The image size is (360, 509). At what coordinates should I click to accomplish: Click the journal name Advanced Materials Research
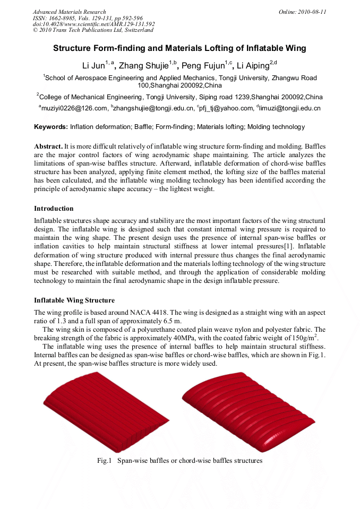point(69,12)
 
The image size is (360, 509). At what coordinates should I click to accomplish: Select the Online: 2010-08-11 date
point(302,12)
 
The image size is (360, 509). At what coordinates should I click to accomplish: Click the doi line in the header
point(93,24)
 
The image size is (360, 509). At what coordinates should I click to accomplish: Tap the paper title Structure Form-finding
point(179,48)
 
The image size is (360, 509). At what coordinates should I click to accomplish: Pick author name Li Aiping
point(253,66)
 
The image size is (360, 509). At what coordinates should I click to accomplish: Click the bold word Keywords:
point(51,127)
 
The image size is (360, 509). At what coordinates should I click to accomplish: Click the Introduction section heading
point(54,209)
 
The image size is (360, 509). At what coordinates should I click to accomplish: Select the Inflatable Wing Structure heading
point(74,301)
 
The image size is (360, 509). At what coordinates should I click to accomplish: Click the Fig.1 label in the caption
point(104,461)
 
